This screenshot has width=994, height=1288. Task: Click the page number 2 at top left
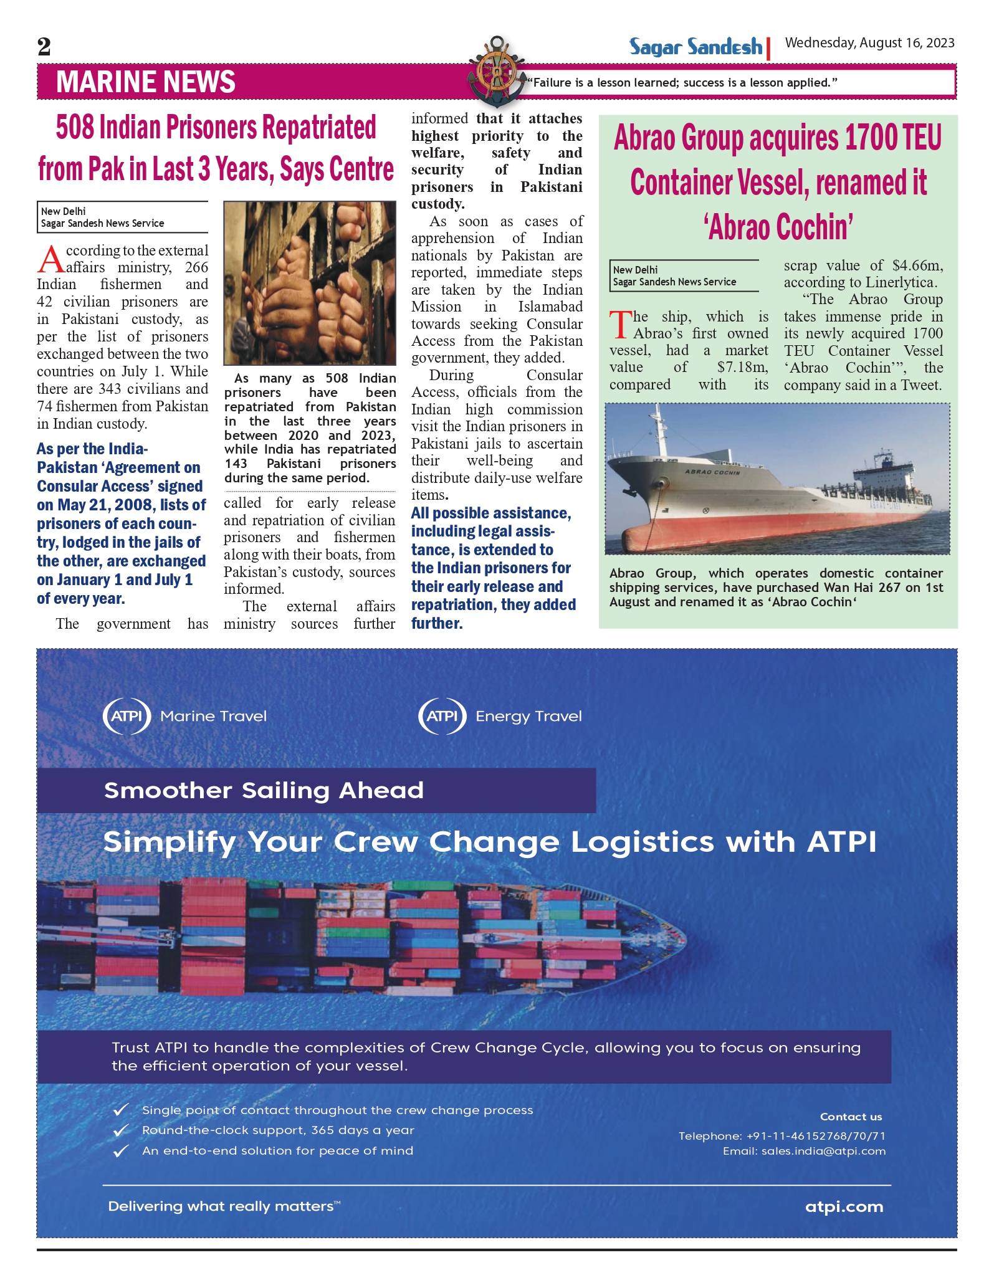pos(44,47)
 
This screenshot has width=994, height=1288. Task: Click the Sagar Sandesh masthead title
pos(695,47)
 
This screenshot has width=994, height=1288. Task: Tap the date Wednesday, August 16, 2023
pos(869,43)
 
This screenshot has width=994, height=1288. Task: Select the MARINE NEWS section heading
pos(146,82)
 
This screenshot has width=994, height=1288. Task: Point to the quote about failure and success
pos(682,82)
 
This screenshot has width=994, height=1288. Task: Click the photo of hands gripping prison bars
pos(310,282)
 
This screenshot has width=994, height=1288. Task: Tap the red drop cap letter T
pos(620,325)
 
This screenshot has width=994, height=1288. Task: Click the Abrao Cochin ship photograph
pos(777,479)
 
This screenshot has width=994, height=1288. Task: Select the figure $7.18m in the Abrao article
pos(742,368)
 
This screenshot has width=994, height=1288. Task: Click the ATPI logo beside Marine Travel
pos(127,716)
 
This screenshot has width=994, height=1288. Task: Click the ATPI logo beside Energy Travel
pos(442,716)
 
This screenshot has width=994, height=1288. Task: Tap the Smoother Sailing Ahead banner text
pos(264,790)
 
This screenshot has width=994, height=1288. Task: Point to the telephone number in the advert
pos(816,1136)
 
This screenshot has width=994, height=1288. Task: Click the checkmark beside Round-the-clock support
pos(121,1130)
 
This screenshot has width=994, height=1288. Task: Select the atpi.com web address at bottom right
pos(844,1207)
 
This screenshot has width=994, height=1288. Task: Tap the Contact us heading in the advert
pos(851,1117)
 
